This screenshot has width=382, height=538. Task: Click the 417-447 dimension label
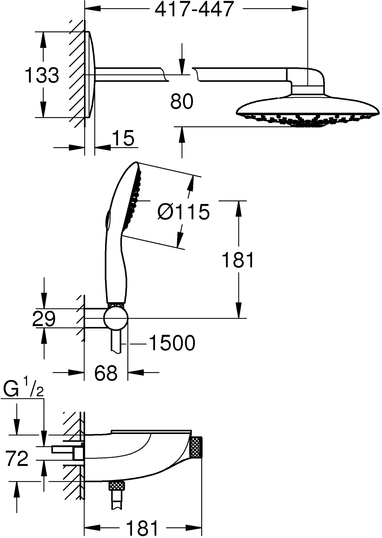point(194,10)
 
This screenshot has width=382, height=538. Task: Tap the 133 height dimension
point(42,75)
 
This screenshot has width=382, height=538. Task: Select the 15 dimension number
point(123,139)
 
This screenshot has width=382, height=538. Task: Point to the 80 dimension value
point(182,101)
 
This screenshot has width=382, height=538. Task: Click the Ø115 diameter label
point(183,213)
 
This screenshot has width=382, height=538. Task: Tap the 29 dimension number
point(44,318)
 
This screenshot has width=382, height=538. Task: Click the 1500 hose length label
point(172,343)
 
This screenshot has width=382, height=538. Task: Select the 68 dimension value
point(106,373)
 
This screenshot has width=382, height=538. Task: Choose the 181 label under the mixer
point(143,528)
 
